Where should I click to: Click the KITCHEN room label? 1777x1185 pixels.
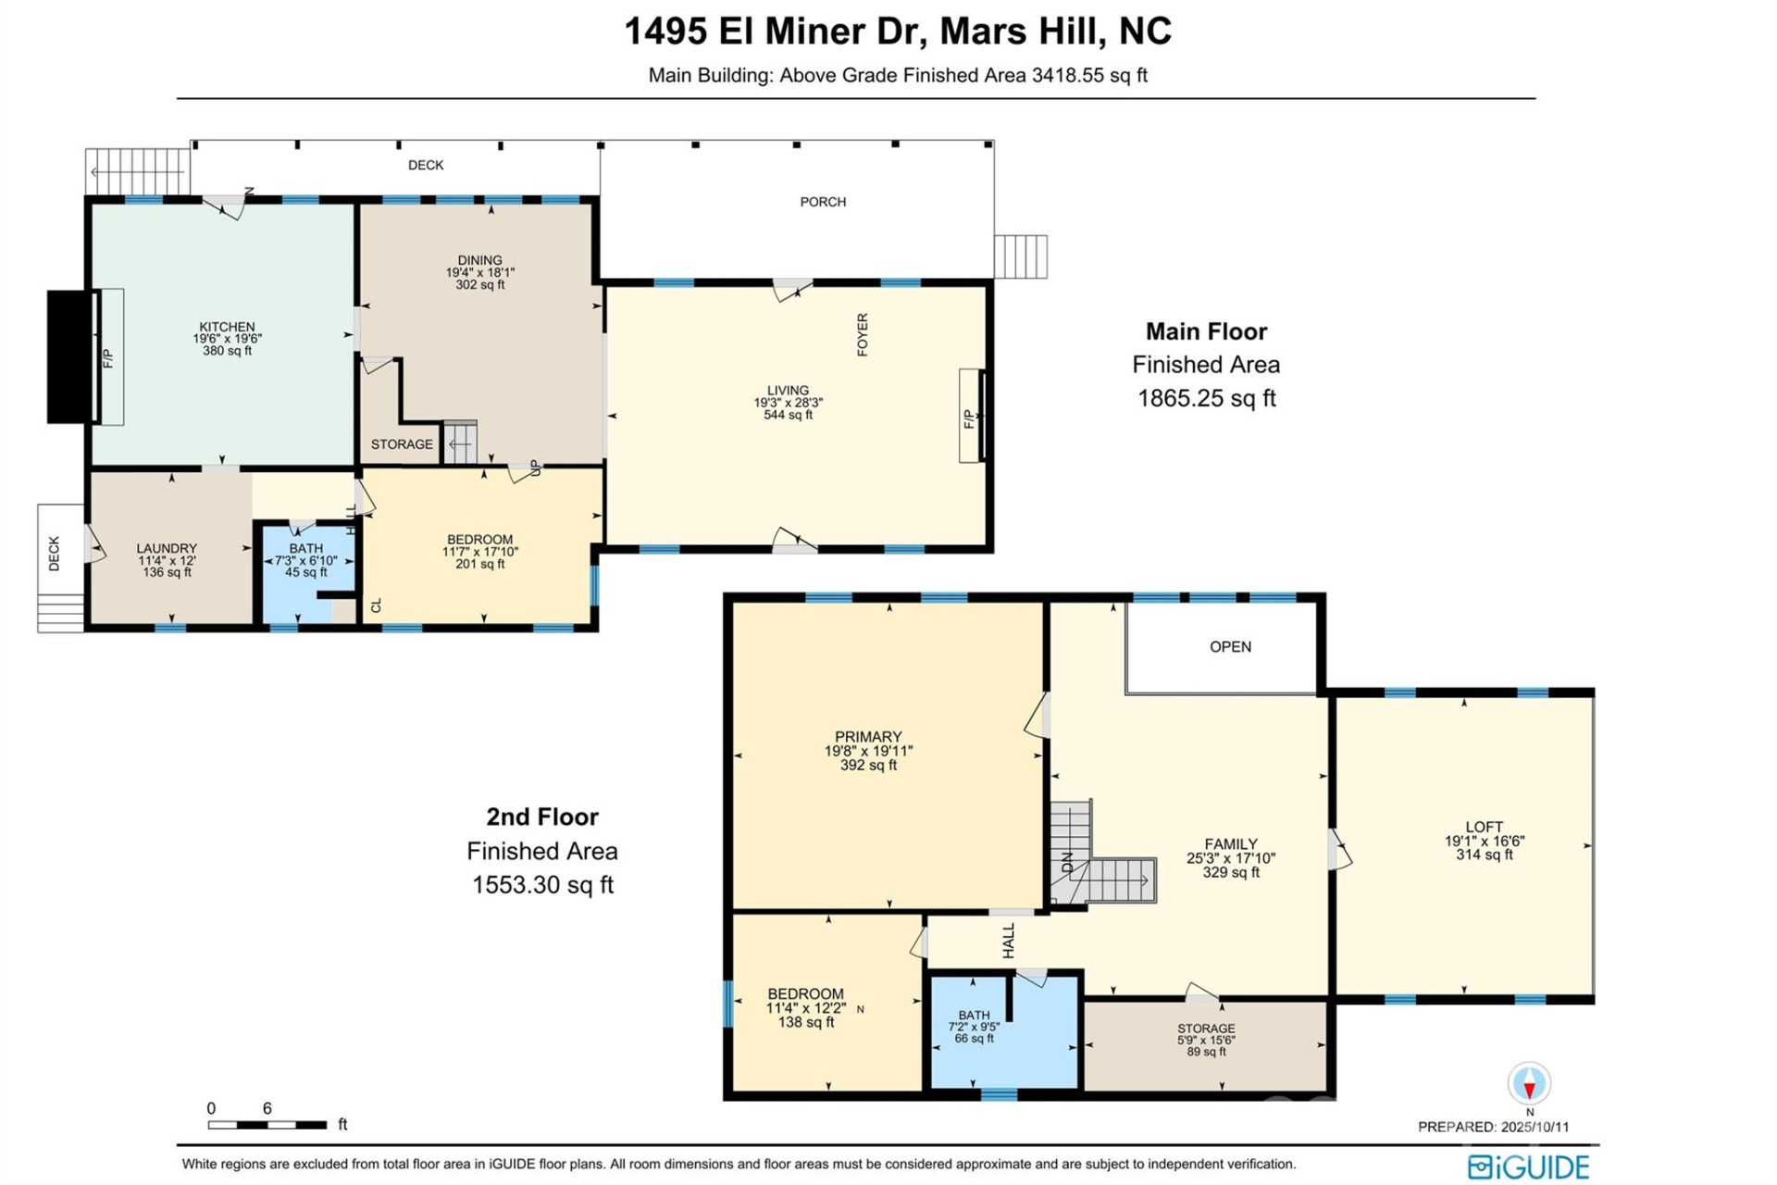(x=227, y=327)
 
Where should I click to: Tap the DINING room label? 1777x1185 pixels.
(x=479, y=260)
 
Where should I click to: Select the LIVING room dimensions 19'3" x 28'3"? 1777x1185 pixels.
(x=788, y=403)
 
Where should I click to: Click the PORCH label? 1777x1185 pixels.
(x=823, y=202)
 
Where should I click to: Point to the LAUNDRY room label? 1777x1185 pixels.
(x=167, y=548)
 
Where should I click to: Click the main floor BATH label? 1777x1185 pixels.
(x=305, y=548)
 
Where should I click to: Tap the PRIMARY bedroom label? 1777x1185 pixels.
(x=867, y=737)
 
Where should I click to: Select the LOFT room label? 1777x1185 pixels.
(x=1484, y=827)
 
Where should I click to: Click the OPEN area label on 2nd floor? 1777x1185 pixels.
(x=1230, y=646)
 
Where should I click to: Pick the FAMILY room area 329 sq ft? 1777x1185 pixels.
(x=1230, y=872)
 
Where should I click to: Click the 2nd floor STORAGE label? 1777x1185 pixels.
(x=1206, y=1029)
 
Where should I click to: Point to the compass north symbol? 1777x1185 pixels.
(x=1529, y=1083)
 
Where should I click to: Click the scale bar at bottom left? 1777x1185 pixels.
(x=267, y=1125)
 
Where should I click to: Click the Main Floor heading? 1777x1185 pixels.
(x=1206, y=331)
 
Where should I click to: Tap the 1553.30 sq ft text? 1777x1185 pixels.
(x=542, y=885)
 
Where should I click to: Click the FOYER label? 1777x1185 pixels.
(x=863, y=335)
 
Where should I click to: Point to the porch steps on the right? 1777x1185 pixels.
(x=1021, y=256)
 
